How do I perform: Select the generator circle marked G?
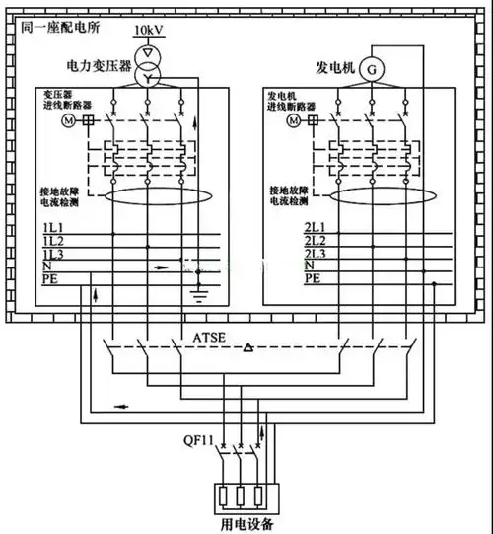point(372,68)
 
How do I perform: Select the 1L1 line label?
point(53,229)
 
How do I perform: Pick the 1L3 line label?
point(53,255)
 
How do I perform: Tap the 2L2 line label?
point(287,242)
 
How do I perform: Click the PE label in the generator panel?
point(285,279)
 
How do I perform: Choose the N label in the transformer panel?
point(47,267)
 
